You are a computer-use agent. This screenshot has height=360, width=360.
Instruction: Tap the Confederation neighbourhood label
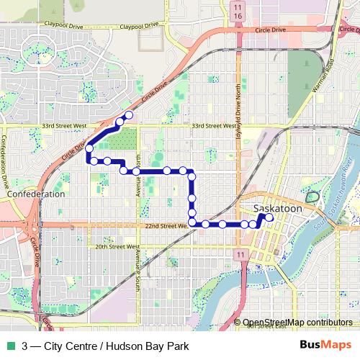[35, 194]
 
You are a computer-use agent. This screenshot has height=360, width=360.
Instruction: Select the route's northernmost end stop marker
[129, 115]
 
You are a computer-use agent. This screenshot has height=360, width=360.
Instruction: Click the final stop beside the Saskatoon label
[269, 217]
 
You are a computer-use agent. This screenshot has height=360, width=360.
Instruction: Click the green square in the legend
[9, 346]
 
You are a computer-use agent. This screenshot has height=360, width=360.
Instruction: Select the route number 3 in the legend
[25, 346]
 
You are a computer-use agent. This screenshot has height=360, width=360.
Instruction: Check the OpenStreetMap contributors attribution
[297, 322]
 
